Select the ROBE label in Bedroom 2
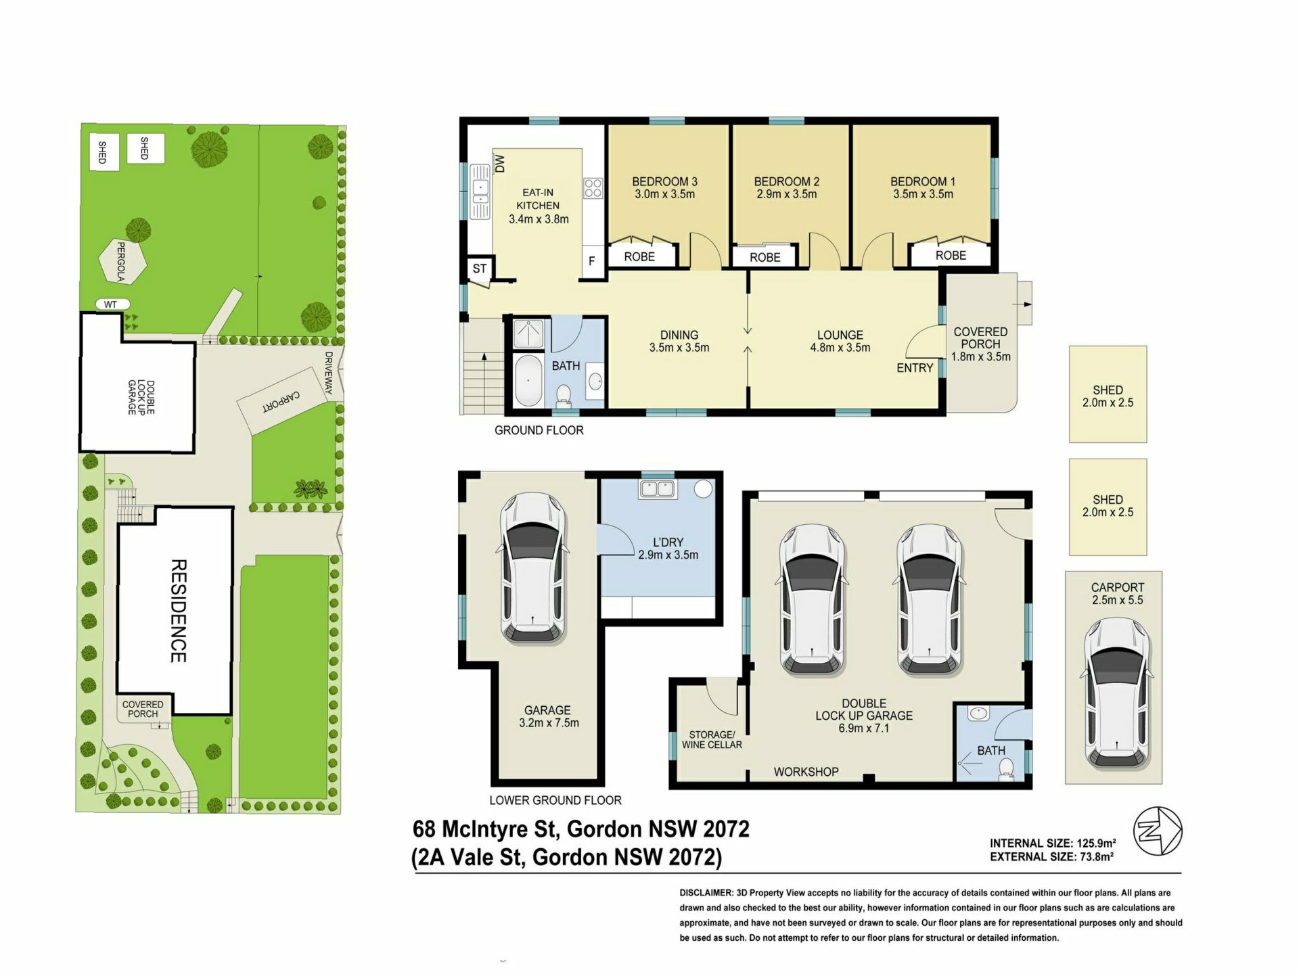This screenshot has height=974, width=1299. pos(765,258)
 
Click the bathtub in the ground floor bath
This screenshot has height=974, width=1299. pos(528,380)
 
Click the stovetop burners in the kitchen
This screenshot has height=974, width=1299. pos(593,188)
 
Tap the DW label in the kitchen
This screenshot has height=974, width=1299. pos(500,164)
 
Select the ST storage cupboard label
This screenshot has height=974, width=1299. pos(480,269)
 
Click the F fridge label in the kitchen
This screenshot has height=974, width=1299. pos(592,261)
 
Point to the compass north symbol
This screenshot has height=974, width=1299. pos(1158,831)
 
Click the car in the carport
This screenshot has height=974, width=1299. pos(1118,693)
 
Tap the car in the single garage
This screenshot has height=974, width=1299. pos(533,567)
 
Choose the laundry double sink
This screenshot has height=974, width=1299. pos(657,489)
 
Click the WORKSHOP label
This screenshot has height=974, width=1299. pos(806,772)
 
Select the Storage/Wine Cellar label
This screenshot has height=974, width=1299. pos(712,739)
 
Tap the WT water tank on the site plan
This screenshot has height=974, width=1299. pos(112,304)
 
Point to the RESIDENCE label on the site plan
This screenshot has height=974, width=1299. pos(178,611)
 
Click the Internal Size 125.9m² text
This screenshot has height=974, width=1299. pos(1053,843)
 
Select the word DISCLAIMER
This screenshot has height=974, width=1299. pos(706,893)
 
